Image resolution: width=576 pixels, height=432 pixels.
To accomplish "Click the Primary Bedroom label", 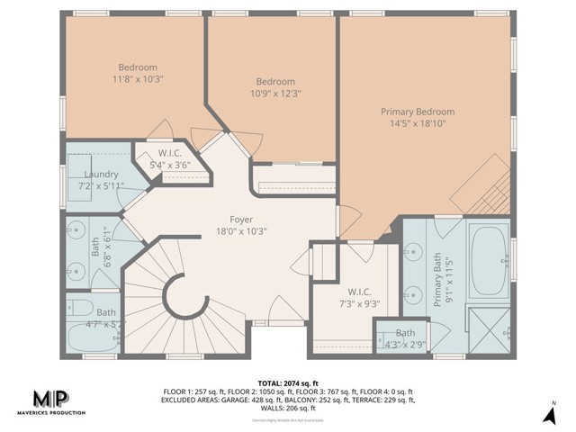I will click(417, 112).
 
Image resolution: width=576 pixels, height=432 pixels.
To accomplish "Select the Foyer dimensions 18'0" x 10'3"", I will click(240, 231).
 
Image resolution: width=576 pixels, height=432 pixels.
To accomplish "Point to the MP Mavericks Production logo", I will click(58, 401).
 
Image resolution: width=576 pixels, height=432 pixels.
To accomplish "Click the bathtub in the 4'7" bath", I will click(92, 337).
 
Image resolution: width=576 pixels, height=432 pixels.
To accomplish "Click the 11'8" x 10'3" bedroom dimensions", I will click(138, 79).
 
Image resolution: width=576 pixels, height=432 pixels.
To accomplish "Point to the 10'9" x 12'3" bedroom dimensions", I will click(274, 93).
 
